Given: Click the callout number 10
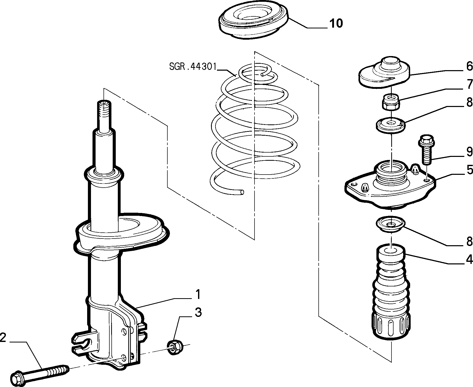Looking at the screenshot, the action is (336, 23).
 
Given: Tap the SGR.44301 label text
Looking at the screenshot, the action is (193, 67).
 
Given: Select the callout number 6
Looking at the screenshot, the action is (469, 67).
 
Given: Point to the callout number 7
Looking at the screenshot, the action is (469, 85).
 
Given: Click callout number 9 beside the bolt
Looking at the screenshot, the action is (469, 152).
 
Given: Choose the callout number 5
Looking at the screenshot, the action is (469, 170).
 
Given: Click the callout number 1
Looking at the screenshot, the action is (198, 294).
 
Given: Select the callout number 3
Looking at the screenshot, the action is (198, 313).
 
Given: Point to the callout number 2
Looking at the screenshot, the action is (3, 338).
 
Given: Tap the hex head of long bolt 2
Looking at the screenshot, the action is (18, 376).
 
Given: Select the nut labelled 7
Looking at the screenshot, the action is (391, 101).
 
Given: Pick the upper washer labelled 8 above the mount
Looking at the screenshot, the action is (391, 125).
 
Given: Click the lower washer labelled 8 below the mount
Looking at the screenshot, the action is (391, 224).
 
